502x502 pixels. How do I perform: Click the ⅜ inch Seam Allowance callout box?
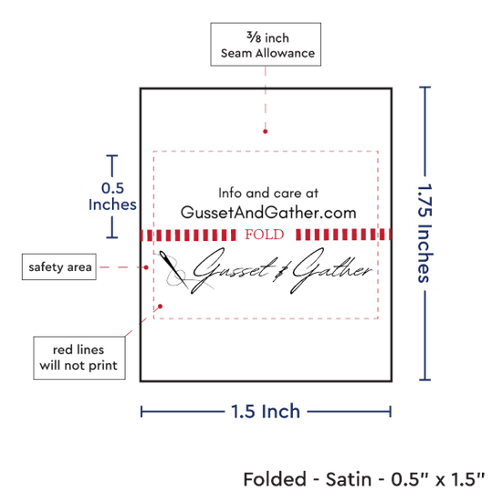point(266,45)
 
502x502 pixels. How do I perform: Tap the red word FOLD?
point(265,235)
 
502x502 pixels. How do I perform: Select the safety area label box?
point(59,267)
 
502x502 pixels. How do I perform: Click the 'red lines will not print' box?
point(79,358)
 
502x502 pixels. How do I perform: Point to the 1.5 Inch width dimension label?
point(266,412)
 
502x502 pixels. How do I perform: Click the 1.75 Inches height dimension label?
point(425,233)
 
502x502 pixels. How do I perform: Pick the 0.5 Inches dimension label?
point(112,196)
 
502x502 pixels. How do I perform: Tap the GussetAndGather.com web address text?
point(268,213)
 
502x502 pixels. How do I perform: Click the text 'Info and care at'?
point(268,193)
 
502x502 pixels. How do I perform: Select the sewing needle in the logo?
point(173,269)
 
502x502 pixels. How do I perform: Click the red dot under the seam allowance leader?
point(265,131)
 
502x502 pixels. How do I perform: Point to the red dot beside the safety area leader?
point(146,267)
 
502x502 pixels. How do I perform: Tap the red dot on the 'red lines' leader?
point(160,307)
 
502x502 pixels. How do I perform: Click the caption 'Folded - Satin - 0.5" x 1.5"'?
point(364,479)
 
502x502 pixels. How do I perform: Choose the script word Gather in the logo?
point(331,270)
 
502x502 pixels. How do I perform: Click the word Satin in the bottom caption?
point(349,479)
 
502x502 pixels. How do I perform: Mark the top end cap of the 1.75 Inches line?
point(424,87)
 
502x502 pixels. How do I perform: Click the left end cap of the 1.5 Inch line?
point(141,412)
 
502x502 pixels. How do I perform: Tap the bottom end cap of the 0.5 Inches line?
point(112,237)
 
